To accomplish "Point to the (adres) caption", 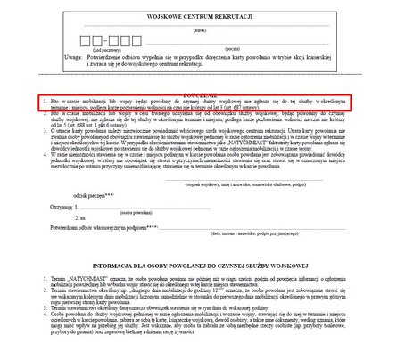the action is coord(198,33).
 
